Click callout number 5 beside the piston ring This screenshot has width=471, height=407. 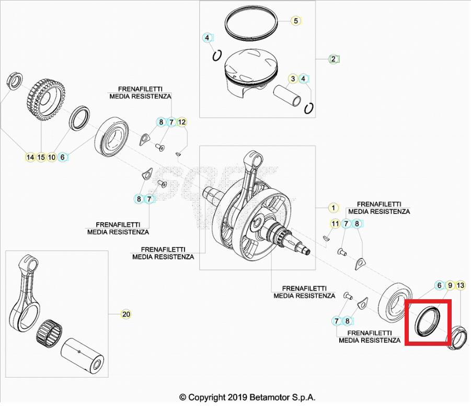pyautogui.click(x=295, y=21)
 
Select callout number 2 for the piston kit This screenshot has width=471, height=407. pyautogui.click(x=333, y=59)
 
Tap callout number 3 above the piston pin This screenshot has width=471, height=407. pyautogui.click(x=293, y=79)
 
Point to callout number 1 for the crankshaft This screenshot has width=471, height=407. pyautogui.click(x=333, y=208)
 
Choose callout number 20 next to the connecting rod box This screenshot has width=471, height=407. pyautogui.click(x=125, y=314)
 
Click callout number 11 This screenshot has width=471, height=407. pyautogui.click(x=335, y=224)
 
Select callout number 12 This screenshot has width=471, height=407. pyautogui.click(x=181, y=122)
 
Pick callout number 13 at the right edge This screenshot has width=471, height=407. pyautogui.click(x=460, y=285)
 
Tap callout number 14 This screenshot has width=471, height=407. pyautogui.click(x=30, y=157)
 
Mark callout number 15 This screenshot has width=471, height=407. pyautogui.click(x=41, y=157)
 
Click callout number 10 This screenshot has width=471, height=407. pyautogui.click(x=52, y=157)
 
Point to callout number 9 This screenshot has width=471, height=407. pyautogui.click(x=450, y=285)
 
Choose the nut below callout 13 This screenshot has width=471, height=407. pyautogui.click(x=458, y=337)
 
